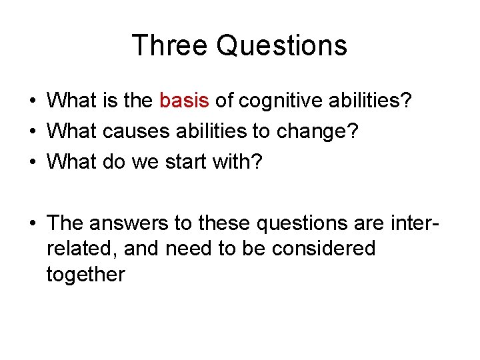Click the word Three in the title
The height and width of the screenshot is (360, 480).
pos(169,46)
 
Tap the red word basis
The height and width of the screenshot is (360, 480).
pos(185,101)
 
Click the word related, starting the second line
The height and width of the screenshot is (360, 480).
pos(74,248)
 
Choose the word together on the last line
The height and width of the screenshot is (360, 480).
pos(85,275)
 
